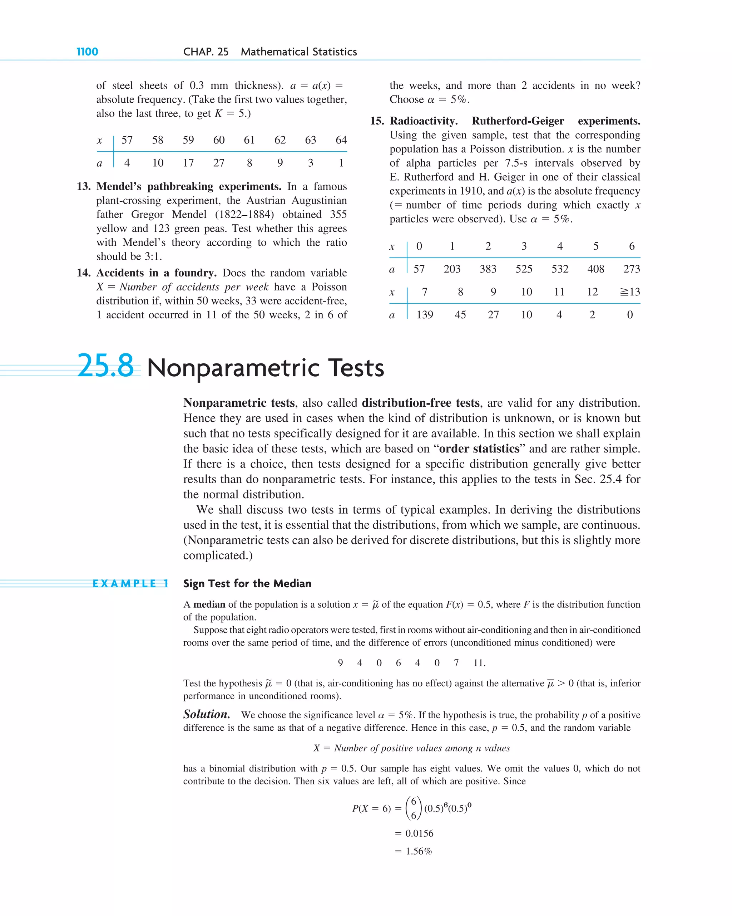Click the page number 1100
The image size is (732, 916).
point(87,52)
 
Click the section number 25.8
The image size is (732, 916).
point(105,366)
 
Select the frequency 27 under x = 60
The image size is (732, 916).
point(219,163)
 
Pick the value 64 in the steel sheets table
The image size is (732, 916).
point(341,140)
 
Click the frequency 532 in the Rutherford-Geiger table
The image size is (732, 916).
point(560,269)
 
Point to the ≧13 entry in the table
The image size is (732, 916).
point(630,292)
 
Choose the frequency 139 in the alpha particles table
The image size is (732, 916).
point(425,315)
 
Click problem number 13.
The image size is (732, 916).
point(84,186)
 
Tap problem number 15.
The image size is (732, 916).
point(377,121)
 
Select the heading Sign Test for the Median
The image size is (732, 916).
point(247,584)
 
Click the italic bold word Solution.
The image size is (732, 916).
point(206,715)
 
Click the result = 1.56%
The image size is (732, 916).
point(414,851)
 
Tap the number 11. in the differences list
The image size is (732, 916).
point(479,663)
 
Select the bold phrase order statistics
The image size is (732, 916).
point(479,449)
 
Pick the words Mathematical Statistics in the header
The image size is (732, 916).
point(298,52)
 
